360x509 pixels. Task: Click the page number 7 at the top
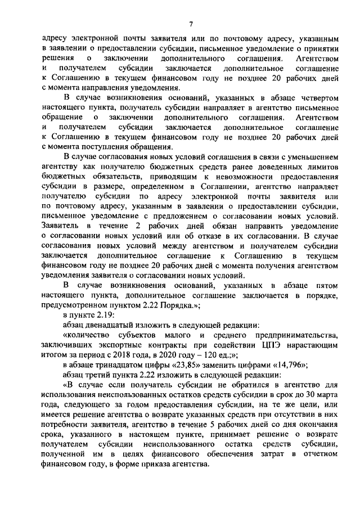coord(191,24)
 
